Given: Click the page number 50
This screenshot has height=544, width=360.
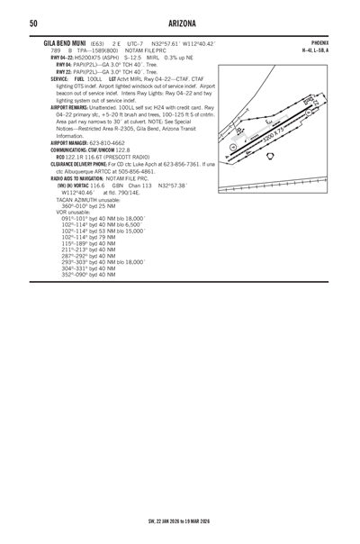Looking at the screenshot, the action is point(33,23).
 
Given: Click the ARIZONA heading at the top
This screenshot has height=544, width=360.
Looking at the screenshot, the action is point(180,23).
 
